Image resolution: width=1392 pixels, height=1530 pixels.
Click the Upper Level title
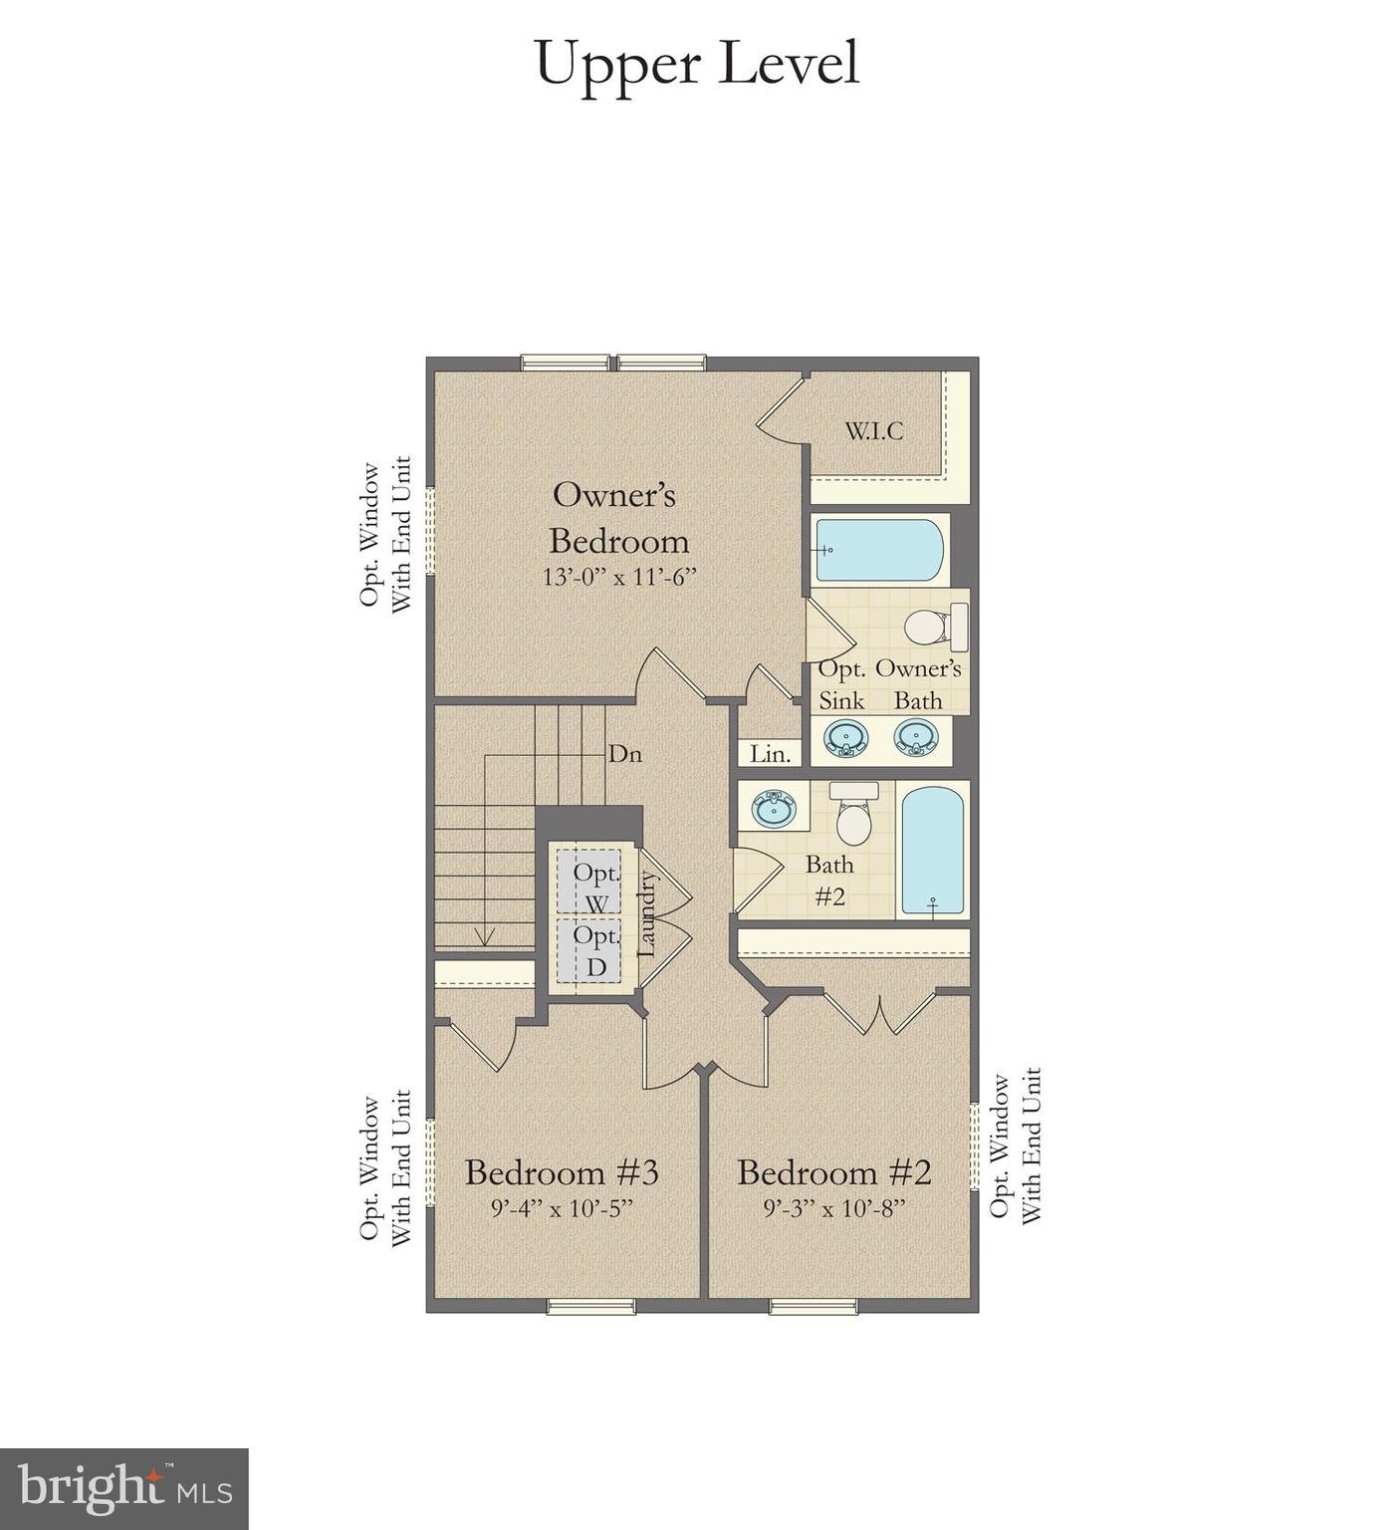[696, 64]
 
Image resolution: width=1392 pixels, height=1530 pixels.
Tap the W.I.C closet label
[874, 431]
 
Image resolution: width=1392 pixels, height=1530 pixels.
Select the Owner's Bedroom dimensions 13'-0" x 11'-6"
[617, 577]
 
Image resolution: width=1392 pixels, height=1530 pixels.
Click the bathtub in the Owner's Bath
[878, 550]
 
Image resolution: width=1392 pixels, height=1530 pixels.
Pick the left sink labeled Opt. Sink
[845, 738]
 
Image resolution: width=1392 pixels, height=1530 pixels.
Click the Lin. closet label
[770, 754]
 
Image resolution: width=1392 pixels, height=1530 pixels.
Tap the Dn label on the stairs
[624, 754]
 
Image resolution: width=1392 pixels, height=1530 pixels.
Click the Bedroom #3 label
[562, 1172]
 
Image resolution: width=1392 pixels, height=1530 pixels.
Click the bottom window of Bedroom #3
[590, 1306]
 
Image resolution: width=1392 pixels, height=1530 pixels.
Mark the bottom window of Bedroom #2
[812, 1306]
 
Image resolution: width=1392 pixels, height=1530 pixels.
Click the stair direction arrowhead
[485, 937]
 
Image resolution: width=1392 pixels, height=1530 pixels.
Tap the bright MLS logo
[123, 1489]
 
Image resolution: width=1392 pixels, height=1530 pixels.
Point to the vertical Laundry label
[646, 914]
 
